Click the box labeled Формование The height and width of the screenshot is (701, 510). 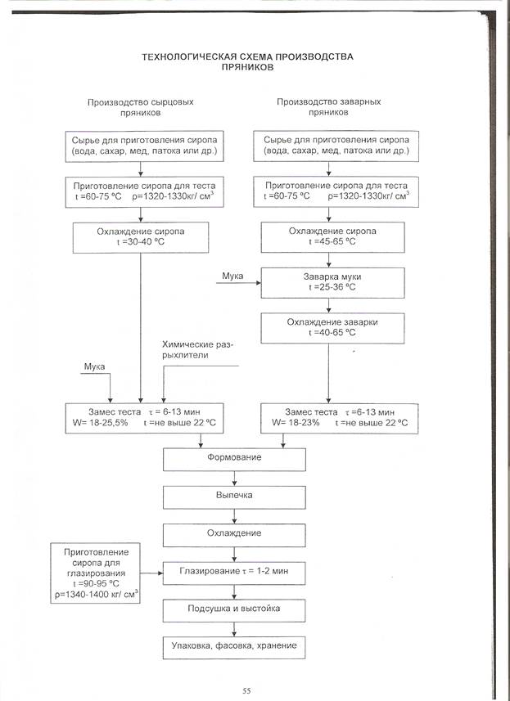click(236, 460)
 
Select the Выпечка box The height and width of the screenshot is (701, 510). click(236, 496)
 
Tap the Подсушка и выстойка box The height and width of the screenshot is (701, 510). click(236, 610)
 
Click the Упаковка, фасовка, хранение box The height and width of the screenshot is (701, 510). click(236, 646)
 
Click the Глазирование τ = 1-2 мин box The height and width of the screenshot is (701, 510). click(236, 570)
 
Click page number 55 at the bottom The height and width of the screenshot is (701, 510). click(246, 690)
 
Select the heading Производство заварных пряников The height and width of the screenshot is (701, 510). click(329, 108)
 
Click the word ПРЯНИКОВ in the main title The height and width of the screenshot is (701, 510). click(246, 69)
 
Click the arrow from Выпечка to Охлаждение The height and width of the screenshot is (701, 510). click(236, 515)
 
